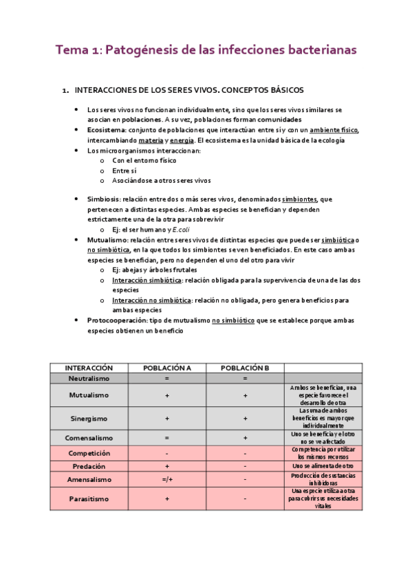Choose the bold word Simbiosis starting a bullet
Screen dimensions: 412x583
tap(103, 199)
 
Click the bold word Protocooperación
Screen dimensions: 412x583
tap(118, 320)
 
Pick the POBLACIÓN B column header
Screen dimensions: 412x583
tap(245, 368)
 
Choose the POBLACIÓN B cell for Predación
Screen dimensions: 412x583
tap(245, 465)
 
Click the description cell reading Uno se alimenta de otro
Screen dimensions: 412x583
tap(323, 465)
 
